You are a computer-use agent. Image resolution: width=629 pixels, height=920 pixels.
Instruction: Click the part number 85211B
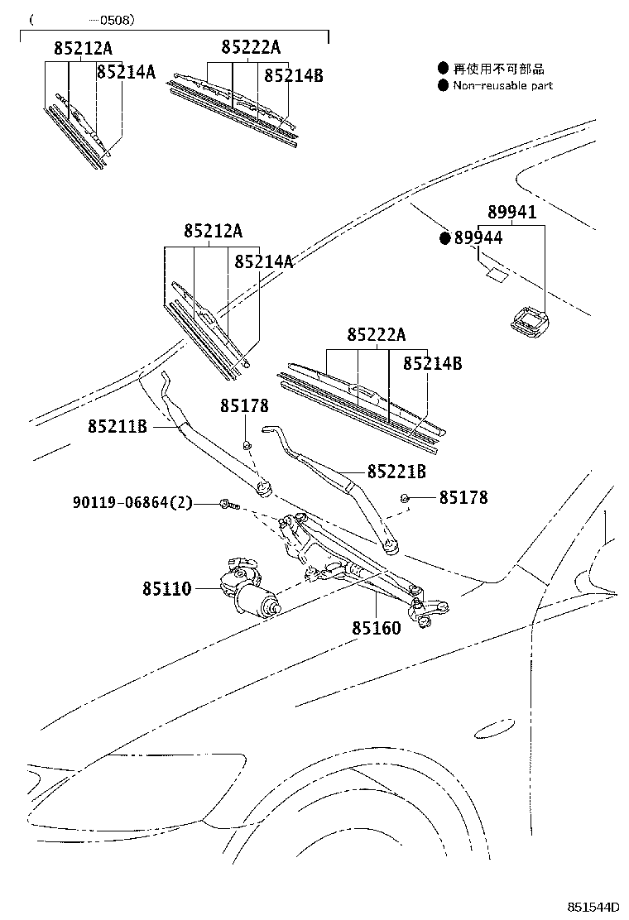click(117, 427)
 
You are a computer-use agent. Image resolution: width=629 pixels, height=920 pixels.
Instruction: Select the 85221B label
click(396, 472)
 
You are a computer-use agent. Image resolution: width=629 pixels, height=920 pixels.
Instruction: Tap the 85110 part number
click(166, 589)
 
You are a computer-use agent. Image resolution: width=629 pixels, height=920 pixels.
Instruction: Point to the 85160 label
click(376, 628)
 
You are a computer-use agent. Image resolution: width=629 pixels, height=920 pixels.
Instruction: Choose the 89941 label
click(511, 213)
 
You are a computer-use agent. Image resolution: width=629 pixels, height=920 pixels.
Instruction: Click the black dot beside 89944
click(444, 238)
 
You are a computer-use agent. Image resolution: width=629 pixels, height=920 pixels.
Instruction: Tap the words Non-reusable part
click(503, 85)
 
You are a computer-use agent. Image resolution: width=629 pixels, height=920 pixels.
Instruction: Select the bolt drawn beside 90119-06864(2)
click(228, 503)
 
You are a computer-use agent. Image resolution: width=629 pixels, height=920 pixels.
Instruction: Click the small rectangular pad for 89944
click(497, 274)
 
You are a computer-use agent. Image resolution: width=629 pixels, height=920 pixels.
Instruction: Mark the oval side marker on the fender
click(496, 727)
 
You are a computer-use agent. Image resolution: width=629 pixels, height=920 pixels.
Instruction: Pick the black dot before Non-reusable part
click(444, 85)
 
